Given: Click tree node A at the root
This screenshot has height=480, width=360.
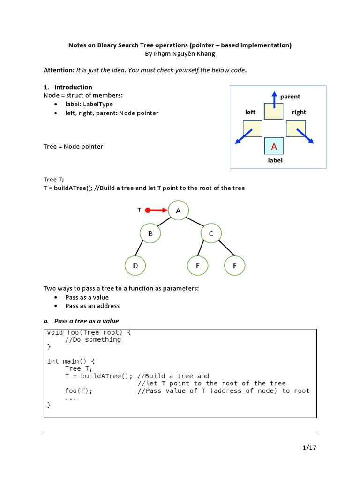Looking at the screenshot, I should pyautogui.click(x=178, y=211).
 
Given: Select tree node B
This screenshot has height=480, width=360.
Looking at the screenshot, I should pyautogui.click(x=150, y=233).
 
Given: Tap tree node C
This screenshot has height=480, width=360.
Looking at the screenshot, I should pyautogui.click(x=211, y=233).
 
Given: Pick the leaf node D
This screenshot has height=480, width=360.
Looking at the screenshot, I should pyautogui.click(x=135, y=266).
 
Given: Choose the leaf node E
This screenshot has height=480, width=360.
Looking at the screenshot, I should pyautogui.click(x=198, y=266).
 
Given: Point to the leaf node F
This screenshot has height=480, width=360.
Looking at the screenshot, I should pyautogui.click(x=234, y=266).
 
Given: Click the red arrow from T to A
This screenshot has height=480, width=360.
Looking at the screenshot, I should pyautogui.click(x=157, y=210).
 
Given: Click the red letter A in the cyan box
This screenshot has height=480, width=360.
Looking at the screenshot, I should pyautogui.click(x=274, y=147).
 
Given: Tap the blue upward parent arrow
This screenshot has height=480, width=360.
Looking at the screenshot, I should pyautogui.click(x=274, y=99).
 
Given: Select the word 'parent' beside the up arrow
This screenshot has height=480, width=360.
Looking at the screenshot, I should pyautogui.click(x=290, y=97).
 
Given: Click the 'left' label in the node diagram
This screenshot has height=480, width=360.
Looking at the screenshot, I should pyautogui.click(x=250, y=112).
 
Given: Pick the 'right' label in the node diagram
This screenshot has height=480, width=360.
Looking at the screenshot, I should pyautogui.click(x=299, y=112).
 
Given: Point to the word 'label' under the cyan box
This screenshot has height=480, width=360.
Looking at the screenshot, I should pyautogui.click(x=275, y=160).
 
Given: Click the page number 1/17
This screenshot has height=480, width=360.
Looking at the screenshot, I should pyautogui.click(x=310, y=448).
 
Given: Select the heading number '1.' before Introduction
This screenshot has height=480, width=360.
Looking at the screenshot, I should pyautogui.click(x=46, y=87).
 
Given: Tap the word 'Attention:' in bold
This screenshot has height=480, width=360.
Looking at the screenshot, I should pyautogui.click(x=59, y=70).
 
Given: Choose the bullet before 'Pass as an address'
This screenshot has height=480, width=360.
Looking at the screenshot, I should pyautogui.click(x=56, y=306).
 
